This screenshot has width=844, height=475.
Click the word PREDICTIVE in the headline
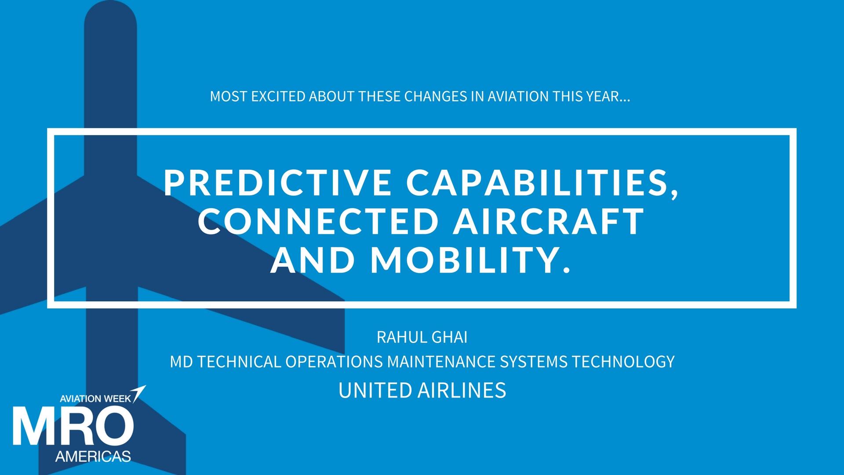coord(277,182)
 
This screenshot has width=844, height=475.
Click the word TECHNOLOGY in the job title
coord(623,362)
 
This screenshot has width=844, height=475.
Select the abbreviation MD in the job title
coord(181,362)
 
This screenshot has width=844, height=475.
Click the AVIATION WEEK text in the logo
coord(95,399)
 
